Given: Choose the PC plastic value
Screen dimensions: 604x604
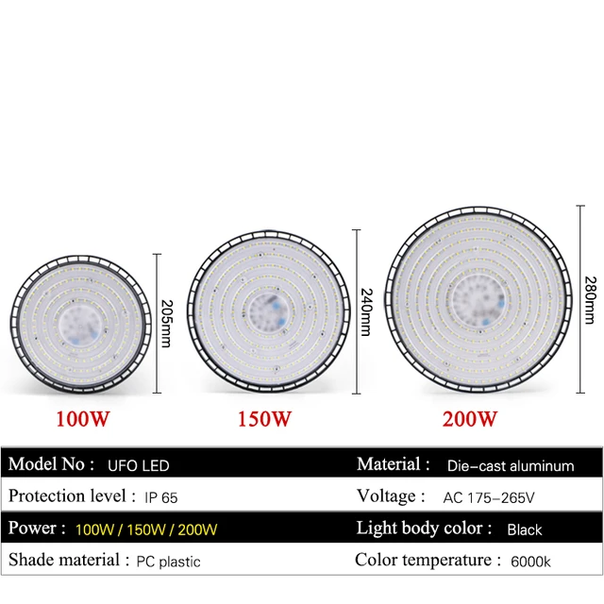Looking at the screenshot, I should tap(166, 562).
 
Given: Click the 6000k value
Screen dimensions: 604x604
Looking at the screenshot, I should tap(530, 562).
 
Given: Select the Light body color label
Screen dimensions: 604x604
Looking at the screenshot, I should tap(424, 528).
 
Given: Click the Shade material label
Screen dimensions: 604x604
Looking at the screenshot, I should tap(68, 561).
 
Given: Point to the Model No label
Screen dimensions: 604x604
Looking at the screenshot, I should tap(52, 464).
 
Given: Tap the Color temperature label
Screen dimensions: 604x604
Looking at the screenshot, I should tap(427, 561).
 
